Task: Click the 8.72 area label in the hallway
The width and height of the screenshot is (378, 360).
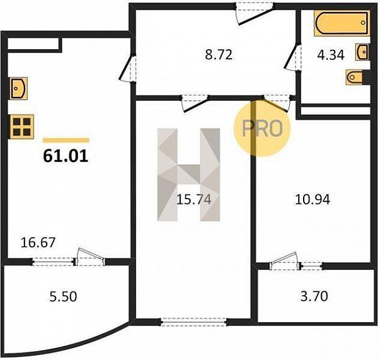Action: [219, 55]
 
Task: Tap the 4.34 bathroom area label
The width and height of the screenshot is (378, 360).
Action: [331, 55]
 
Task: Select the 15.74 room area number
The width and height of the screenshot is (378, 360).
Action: [194, 199]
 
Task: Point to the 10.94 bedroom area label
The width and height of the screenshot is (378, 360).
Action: [312, 199]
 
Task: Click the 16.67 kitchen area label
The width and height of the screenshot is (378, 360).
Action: [38, 243]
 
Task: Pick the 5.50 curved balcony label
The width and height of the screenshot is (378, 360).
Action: [63, 296]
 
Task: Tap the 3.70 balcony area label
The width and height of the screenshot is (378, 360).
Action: [314, 296]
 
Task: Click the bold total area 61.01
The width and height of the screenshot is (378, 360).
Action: [66, 156]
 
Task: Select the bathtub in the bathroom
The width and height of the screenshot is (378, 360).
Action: [342, 23]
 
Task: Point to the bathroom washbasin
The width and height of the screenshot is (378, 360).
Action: [362, 52]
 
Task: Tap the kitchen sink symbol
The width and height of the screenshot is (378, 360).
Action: [18, 88]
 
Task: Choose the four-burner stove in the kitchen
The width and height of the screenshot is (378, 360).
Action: [21, 127]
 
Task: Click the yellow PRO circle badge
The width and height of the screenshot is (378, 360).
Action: [262, 128]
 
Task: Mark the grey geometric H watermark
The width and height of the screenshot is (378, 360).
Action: [188, 175]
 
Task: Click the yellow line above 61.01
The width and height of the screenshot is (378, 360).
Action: [66, 140]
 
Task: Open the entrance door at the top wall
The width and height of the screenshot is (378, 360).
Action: [255, 13]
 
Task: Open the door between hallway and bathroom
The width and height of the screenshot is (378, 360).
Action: [293, 57]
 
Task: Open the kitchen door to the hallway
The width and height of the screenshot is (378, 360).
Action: [127, 69]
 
